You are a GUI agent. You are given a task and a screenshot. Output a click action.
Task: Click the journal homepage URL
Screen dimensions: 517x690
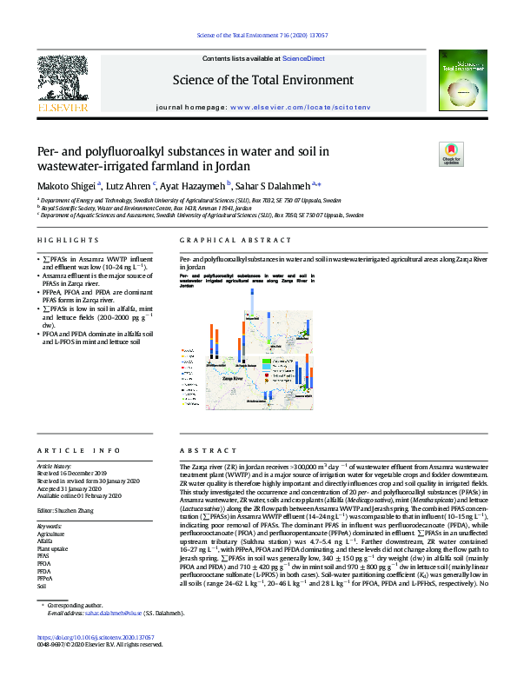click(300, 105)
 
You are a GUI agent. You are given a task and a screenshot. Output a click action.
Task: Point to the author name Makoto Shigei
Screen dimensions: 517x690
click(67, 184)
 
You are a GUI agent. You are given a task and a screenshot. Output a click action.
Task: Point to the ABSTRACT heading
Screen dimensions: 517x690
click(199, 451)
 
